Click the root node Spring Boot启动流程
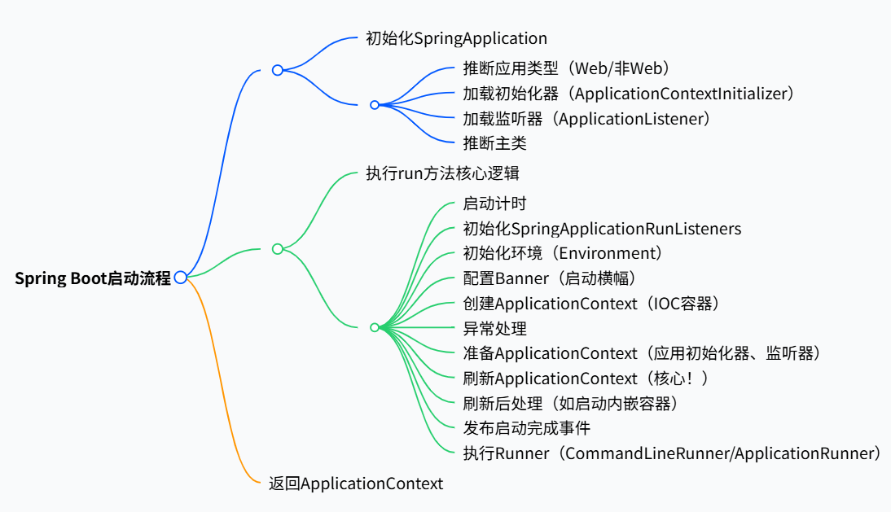[x=93, y=278]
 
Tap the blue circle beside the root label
[x=181, y=278]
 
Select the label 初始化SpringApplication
[x=456, y=38]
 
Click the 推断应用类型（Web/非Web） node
[x=566, y=68]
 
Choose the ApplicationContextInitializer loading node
[x=628, y=94]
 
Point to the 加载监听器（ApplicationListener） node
[x=586, y=119]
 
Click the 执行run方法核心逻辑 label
[x=443, y=173]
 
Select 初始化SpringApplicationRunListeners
[x=602, y=229]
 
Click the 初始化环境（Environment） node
[x=563, y=254]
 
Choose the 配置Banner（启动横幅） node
[x=549, y=278]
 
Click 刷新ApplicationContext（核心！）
[x=586, y=379]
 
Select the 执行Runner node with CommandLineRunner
[x=671, y=453]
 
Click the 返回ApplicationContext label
[x=356, y=484]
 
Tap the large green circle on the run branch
[x=278, y=249]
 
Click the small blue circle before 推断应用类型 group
[x=375, y=105]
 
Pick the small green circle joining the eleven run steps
[x=375, y=327]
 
